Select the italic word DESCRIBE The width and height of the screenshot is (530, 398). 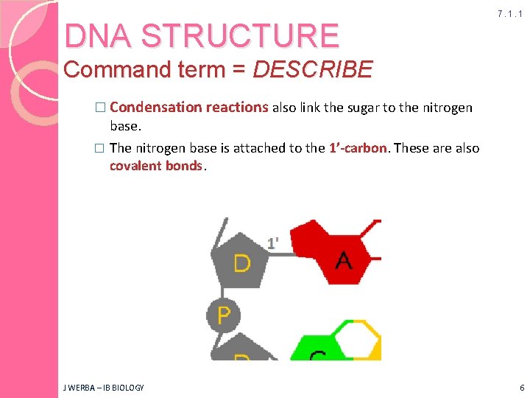point(313,70)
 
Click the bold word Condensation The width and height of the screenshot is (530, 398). point(154,108)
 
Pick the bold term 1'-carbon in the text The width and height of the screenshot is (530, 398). point(358,148)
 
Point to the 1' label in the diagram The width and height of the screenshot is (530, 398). point(273,242)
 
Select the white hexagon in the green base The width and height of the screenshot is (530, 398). point(356,340)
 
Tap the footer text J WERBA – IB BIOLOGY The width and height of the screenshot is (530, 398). point(105,387)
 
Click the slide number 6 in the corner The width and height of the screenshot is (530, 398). point(521,387)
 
